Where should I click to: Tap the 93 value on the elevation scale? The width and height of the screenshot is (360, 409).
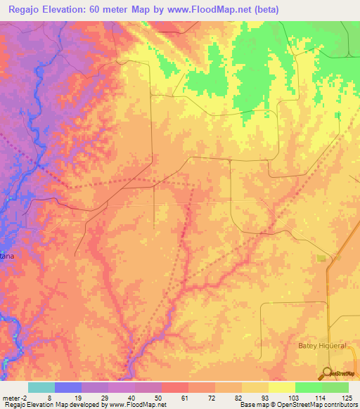coord(262,398)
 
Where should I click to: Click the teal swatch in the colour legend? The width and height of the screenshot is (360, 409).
coord(41,387)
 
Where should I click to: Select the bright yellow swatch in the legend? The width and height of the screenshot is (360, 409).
coord(281,387)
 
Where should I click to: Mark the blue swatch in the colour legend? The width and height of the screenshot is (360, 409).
coord(68,387)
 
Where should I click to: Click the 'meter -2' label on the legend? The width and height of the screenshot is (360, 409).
coord(13,398)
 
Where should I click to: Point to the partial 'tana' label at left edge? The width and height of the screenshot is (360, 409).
coord(7,257)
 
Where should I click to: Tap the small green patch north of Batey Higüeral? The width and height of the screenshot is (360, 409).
coord(321,258)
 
